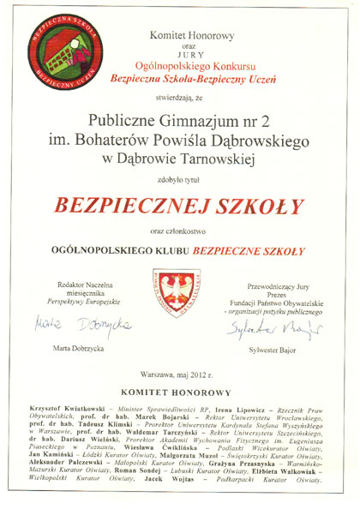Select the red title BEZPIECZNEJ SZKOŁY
click(x=180, y=207)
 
